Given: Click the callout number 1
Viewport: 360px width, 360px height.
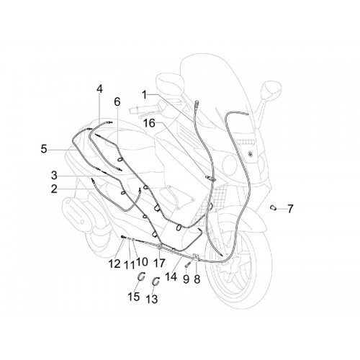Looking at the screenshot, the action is (x=144, y=95).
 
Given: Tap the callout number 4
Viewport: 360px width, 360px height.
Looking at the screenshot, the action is (x=99, y=89).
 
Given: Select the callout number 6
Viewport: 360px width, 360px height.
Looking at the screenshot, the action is (x=117, y=102).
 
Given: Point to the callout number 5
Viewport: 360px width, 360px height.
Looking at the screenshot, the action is (x=44, y=149).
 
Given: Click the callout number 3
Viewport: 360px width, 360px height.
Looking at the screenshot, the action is (x=54, y=176).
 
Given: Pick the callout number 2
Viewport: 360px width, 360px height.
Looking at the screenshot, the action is (x=54, y=189).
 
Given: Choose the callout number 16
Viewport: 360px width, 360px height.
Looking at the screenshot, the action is (x=149, y=123).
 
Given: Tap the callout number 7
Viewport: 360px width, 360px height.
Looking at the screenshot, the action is (x=290, y=209).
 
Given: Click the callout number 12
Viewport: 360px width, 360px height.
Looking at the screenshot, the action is (x=114, y=264).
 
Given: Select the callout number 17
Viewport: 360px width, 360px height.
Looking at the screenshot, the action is (x=159, y=263).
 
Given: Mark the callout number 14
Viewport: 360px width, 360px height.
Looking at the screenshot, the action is (x=171, y=276).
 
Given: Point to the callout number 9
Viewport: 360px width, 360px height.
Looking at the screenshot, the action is (x=186, y=279).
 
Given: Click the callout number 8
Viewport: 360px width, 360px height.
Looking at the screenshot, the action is (x=197, y=279).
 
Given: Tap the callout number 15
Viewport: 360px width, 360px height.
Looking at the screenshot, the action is (x=134, y=297).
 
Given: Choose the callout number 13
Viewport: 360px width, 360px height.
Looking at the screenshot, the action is (x=152, y=299).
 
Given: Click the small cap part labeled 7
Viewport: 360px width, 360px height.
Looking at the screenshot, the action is (x=273, y=208).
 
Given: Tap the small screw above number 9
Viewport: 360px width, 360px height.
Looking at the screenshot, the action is (x=187, y=265).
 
